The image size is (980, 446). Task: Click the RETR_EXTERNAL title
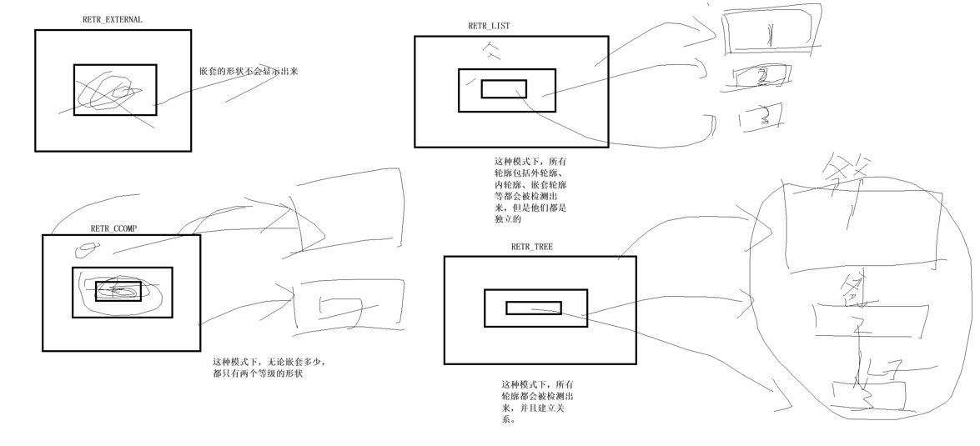point(113,20)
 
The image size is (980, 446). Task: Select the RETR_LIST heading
point(489,26)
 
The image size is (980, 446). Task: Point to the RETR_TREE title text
point(531,247)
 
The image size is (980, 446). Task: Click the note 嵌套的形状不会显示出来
point(249,72)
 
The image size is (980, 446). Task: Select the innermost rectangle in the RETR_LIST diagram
point(504,89)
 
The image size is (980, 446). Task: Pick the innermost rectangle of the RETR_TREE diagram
point(534,308)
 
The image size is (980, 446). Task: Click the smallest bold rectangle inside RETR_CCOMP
point(118,291)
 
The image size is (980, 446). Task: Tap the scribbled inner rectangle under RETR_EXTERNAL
point(114,90)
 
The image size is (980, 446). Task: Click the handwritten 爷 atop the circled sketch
point(842,179)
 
